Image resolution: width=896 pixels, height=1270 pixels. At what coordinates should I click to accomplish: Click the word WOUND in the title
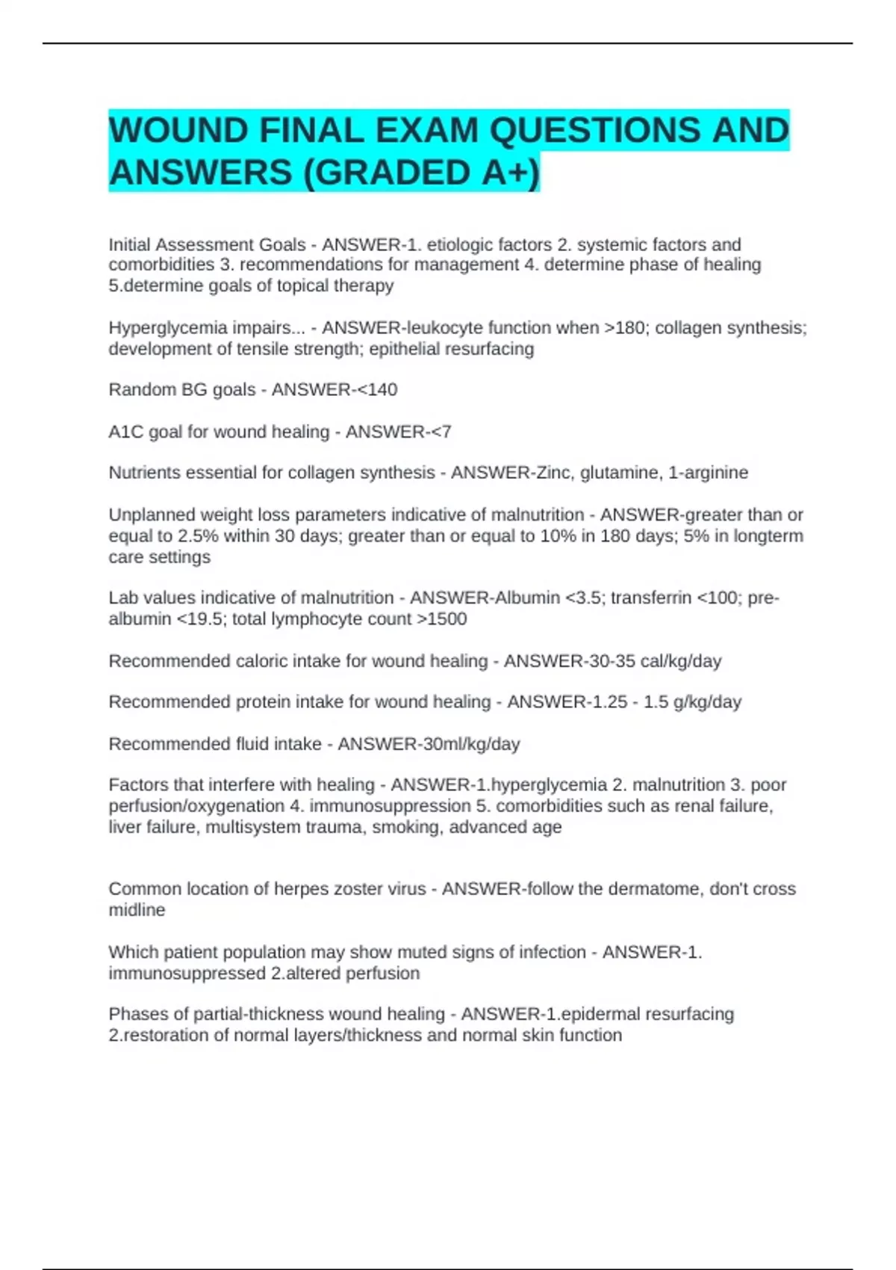click(178, 131)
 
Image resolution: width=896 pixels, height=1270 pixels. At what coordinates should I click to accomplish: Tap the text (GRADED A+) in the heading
click(421, 173)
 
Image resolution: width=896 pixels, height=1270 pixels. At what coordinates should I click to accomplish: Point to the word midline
click(137, 910)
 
